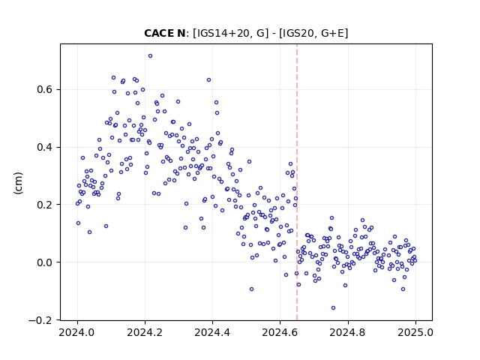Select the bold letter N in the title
click(181, 33)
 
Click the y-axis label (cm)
click(18, 183)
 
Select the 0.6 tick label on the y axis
click(46, 90)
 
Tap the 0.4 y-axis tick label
click(46, 147)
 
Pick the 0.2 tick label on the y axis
click(46, 205)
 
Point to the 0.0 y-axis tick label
click(46, 262)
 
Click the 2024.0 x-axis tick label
click(77, 332)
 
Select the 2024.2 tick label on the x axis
click(145, 332)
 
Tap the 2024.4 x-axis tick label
click(212, 332)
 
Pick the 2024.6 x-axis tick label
click(280, 332)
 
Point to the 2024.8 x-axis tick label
click(347, 332)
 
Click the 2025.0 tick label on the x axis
click(415, 332)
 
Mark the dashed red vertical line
click(297, 182)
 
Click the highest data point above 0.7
click(150, 56)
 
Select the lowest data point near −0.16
click(333, 308)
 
